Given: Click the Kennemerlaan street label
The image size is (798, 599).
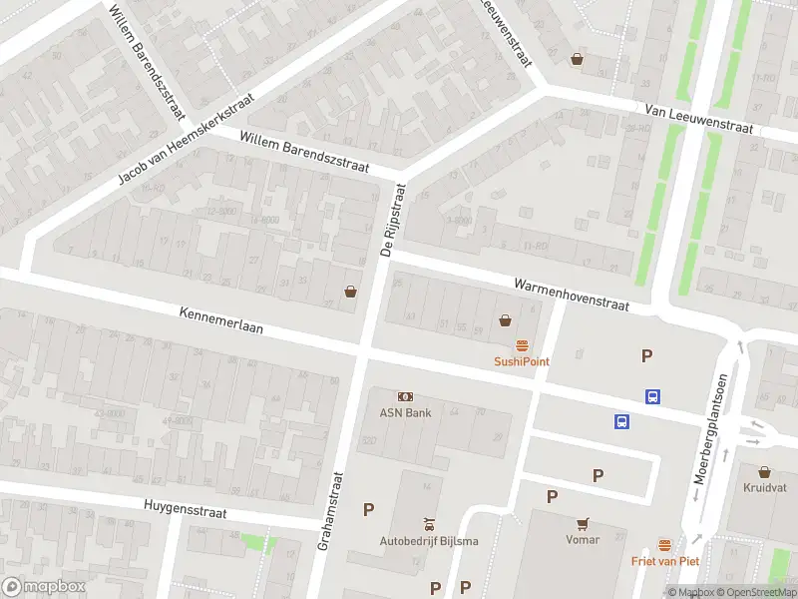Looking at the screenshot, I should (221, 325).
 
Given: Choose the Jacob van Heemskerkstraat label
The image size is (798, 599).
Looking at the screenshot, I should (187, 140).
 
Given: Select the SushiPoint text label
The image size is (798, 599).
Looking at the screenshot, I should (522, 361).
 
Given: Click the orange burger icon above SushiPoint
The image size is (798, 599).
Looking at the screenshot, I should (522, 345).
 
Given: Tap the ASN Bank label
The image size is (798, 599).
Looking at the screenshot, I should (405, 412).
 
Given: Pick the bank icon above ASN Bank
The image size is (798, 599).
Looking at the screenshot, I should (405, 396).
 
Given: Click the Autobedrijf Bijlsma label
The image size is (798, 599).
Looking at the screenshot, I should (429, 541).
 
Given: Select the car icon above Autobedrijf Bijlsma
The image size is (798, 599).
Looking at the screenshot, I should (429, 524).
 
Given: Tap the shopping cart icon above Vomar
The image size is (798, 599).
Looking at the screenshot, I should (582, 522).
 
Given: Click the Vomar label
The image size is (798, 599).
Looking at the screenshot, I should (582, 539).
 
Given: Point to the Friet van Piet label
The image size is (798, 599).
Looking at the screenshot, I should (664, 561).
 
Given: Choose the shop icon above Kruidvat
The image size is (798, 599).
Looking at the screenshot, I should (764, 472).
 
